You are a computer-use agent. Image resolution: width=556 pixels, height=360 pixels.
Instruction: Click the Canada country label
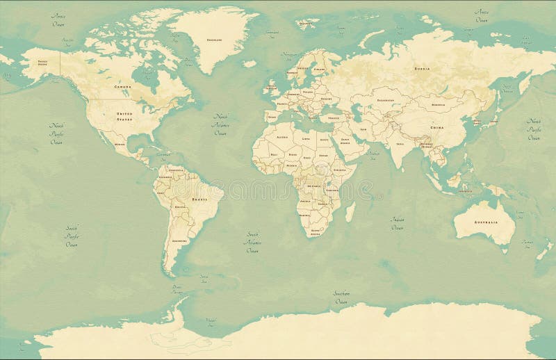coord(123,87)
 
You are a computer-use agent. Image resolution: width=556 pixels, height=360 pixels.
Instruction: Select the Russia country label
coord(422,69)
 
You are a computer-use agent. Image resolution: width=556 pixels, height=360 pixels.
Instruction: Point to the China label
coord(437,128)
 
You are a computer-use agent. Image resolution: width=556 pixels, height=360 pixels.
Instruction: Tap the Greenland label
coord(214,40)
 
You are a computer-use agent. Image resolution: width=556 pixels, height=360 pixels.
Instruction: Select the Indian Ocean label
coord(398,223)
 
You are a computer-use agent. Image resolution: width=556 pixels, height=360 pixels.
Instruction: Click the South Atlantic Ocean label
coord(252,242)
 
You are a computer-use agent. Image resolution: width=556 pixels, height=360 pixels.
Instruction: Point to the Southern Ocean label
coord(341,297)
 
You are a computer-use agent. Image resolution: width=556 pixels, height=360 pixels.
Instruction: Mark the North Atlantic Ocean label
coord(220,123)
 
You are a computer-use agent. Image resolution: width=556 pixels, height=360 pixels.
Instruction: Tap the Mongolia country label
coord(437,105)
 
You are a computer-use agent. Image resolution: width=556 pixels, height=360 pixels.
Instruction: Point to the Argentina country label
coord(179,240)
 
